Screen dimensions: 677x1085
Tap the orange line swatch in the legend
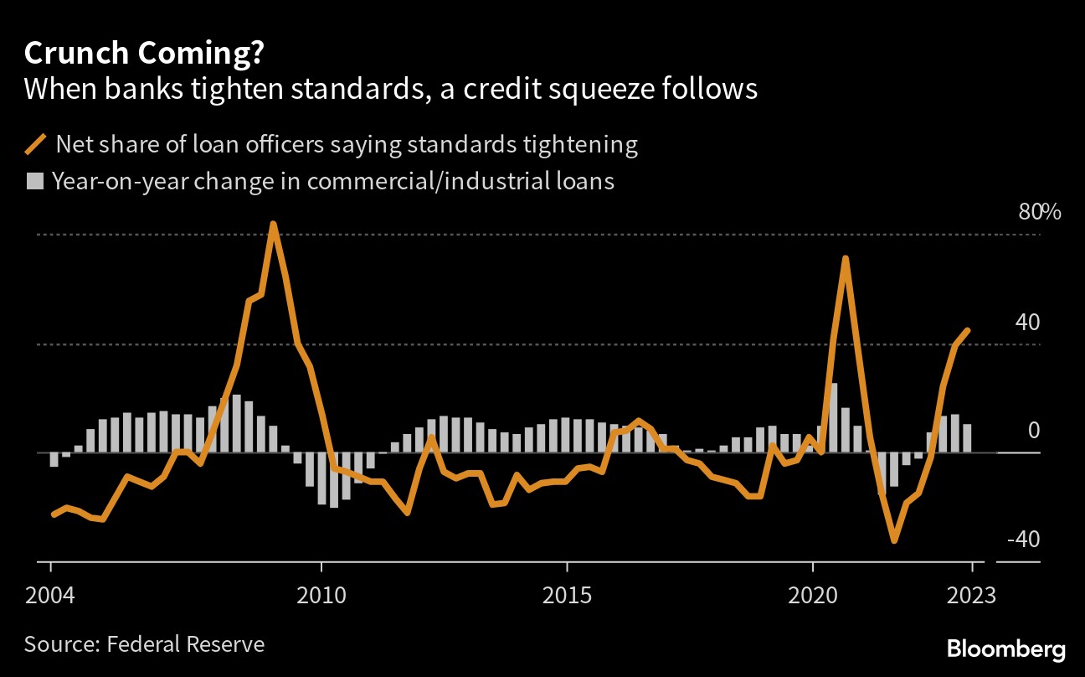coord(37,145)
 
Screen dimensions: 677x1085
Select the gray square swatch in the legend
coord(35,181)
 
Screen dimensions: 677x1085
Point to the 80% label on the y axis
coord(1039,212)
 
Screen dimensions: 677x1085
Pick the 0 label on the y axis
coord(1033,430)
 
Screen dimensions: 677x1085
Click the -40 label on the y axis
coord(1022,539)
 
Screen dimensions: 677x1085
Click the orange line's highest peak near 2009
coord(273,225)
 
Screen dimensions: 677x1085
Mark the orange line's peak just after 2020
coord(846,259)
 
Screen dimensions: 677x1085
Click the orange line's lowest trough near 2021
coord(894,540)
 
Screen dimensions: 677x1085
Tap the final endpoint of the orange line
coord(968,330)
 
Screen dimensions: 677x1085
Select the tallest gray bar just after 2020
coord(833,417)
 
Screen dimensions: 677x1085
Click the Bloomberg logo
coord(1006,649)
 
